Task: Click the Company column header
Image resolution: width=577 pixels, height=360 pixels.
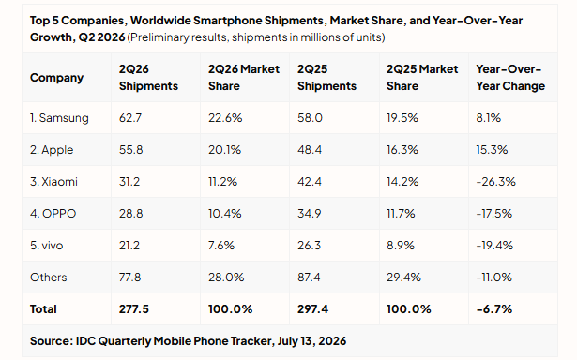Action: tap(56, 78)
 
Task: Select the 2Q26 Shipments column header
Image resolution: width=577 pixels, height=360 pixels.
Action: tap(148, 78)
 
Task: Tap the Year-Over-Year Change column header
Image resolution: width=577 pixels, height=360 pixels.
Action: tap(510, 78)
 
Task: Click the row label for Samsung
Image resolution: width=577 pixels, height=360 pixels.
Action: tap(59, 118)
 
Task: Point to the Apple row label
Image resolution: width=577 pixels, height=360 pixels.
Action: tap(52, 150)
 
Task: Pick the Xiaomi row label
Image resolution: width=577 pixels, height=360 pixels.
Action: tap(53, 182)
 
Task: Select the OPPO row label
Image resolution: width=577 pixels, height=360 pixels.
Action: tap(53, 214)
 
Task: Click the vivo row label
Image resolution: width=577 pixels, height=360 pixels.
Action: tap(46, 246)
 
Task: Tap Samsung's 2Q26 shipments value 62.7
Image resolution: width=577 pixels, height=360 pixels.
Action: tap(129, 118)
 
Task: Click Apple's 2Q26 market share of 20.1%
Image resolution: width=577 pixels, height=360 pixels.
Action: tap(224, 150)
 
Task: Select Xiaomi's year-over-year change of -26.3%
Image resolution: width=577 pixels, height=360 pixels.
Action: tap(495, 182)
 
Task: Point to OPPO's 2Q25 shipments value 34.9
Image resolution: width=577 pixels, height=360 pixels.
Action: tap(309, 214)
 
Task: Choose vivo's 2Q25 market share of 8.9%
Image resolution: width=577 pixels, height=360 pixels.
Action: tap(401, 246)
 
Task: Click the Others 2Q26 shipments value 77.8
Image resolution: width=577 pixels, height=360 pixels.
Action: tap(129, 277)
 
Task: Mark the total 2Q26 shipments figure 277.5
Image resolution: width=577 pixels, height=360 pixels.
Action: tap(133, 309)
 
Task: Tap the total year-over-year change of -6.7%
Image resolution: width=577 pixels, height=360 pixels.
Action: tap(493, 309)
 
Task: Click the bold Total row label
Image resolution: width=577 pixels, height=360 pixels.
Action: tap(43, 309)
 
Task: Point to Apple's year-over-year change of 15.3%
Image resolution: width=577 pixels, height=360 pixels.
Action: tap(492, 150)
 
